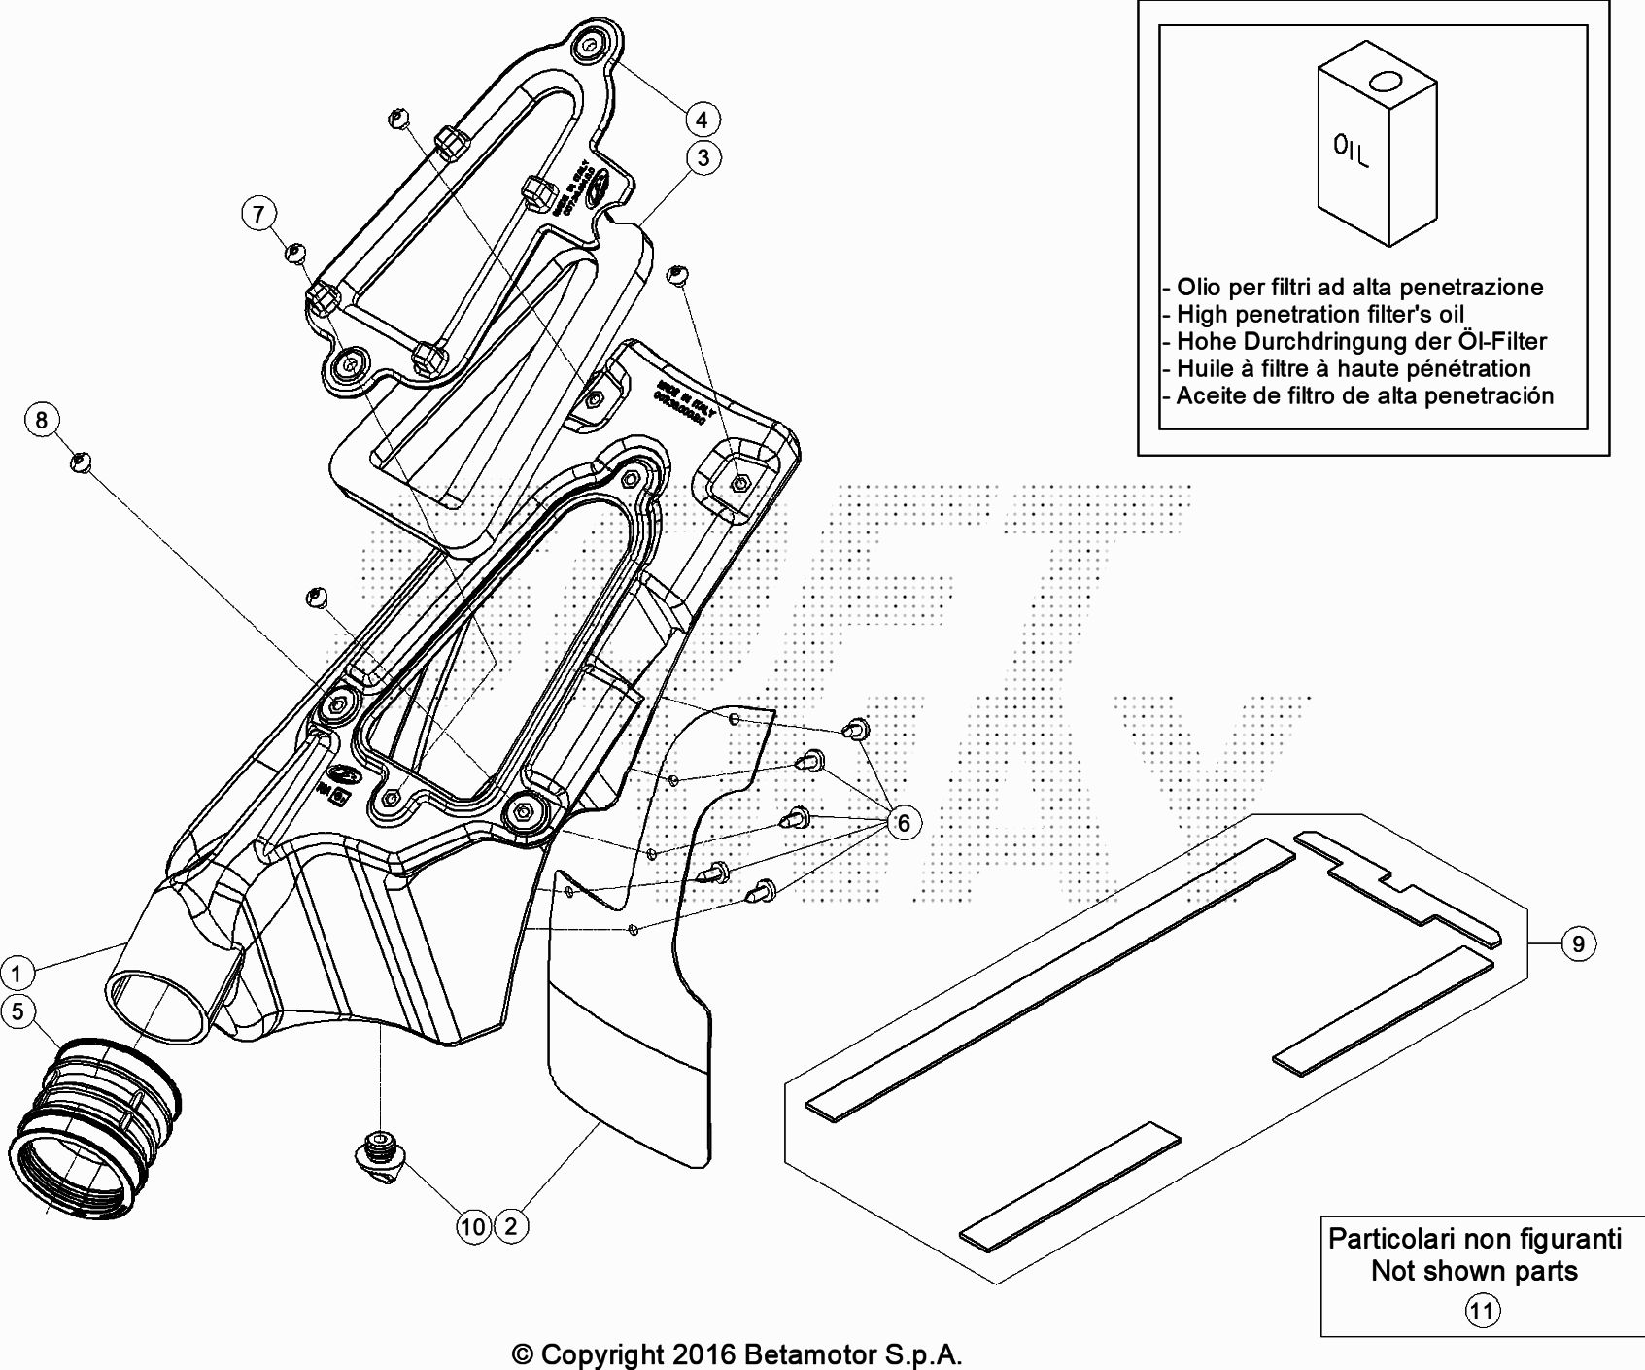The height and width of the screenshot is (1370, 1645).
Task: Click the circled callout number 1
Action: [17, 972]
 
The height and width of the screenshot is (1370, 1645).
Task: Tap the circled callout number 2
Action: [511, 1226]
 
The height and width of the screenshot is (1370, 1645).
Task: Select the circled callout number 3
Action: [703, 157]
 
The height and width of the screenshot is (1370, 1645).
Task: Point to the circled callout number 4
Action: [702, 120]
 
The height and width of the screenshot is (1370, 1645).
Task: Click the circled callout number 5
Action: [17, 1011]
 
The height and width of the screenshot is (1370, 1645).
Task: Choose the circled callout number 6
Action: [904, 823]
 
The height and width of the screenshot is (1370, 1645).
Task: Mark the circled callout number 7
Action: [258, 214]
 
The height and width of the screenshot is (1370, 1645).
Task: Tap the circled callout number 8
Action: [41, 420]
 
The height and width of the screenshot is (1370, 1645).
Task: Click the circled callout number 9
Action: [1579, 943]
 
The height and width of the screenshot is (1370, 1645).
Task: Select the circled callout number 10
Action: [473, 1226]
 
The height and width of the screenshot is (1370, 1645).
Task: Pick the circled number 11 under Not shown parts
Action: [1482, 1312]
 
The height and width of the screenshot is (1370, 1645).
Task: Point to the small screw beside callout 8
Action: [82, 462]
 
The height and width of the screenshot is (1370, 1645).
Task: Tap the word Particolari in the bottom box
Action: [1389, 1240]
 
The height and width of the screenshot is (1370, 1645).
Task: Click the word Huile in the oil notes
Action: [1205, 369]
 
